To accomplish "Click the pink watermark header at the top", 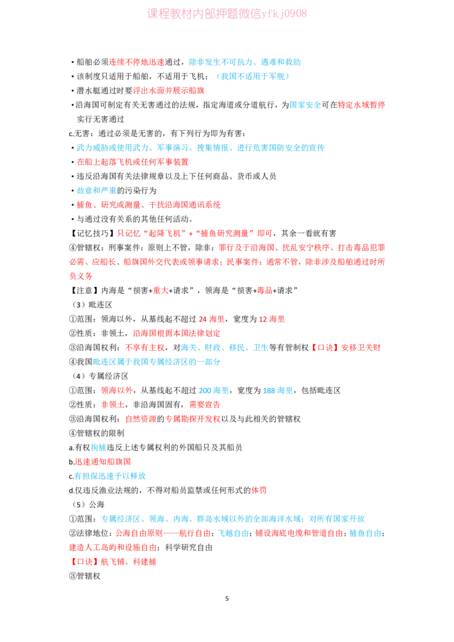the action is (x=227, y=14).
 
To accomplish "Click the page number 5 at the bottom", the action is (x=227, y=598).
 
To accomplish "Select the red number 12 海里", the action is (x=272, y=319).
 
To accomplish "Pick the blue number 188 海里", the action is (x=278, y=390).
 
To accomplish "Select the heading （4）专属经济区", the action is (x=99, y=376).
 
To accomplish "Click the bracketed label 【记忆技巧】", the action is (x=93, y=234).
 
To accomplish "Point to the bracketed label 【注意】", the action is (x=85, y=290).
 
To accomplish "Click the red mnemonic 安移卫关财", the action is (x=361, y=348).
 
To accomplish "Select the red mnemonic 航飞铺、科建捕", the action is (x=128, y=561).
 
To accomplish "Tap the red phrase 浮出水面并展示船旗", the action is (x=169, y=91).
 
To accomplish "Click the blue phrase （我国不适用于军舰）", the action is (x=253, y=76).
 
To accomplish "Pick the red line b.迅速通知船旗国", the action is (x=99, y=462).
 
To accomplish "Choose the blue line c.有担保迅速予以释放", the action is (x=107, y=476).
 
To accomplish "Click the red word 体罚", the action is (x=259, y=490).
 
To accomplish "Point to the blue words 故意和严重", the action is (x=96, y=191).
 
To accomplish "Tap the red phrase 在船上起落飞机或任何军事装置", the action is (x=133, y=162).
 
